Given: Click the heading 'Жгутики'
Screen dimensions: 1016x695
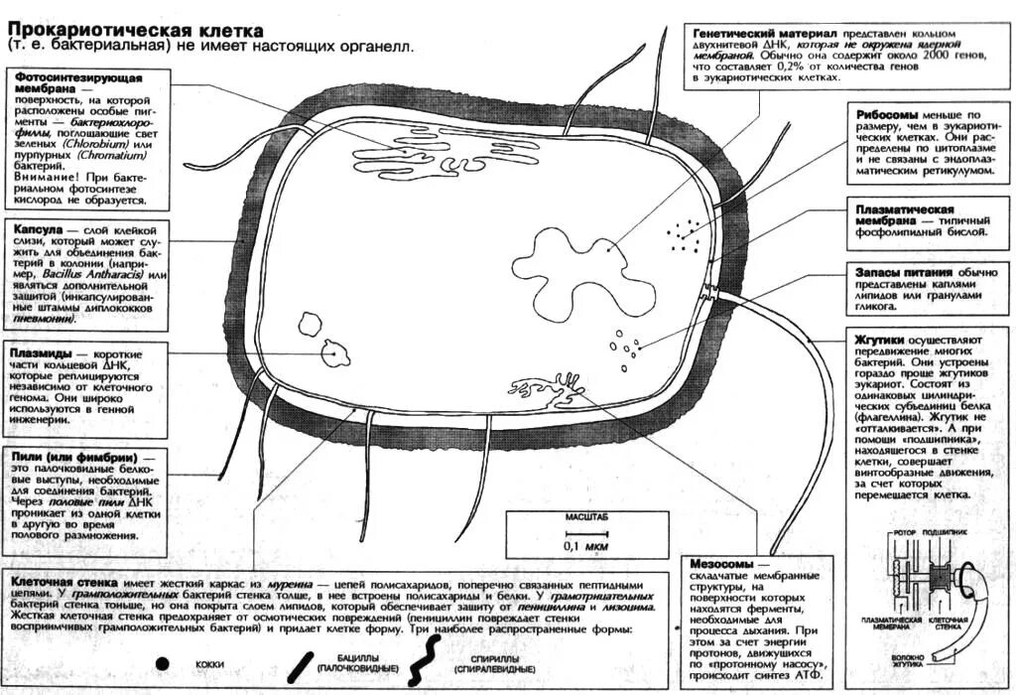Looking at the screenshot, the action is [877, 339].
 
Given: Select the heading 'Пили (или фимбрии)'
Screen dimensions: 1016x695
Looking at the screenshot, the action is [72, 458].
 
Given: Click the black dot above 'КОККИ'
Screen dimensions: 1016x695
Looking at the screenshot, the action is [163, 662].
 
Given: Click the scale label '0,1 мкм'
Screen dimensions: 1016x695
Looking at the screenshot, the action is [585, 547].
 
